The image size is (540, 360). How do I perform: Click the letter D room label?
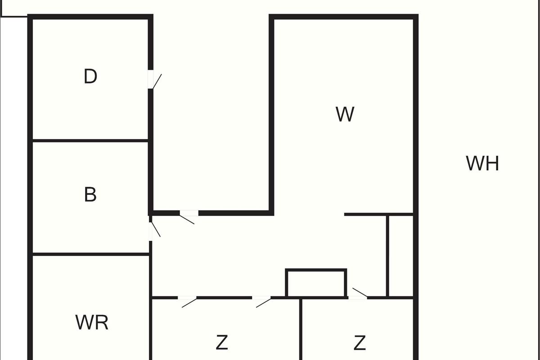(x=90, y=77)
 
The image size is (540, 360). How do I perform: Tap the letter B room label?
(x=90, y=195)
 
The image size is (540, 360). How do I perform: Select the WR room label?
(x=92, y=323)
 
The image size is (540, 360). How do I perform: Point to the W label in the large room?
(x=345, y=115)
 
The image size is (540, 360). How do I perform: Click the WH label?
(x=482, y=163)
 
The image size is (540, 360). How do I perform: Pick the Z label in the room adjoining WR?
(x=222, y=343)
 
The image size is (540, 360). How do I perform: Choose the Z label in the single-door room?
(x=360, y=343)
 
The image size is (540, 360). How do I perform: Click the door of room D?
(x=152, y=80)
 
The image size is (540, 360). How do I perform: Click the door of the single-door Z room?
(x=358, y=297)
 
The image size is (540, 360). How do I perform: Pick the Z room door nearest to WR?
(x=187, y=298)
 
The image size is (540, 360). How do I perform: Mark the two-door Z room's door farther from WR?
(x=261, y=298)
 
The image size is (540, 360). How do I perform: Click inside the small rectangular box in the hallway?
(x=316, y=283)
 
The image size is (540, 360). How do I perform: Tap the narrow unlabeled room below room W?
(x=400, y=256)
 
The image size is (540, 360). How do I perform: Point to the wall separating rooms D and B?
(x=90, y=140)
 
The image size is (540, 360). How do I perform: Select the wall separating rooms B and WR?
(x=90, y=254)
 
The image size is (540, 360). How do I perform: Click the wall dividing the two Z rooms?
(x=301, y=328)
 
